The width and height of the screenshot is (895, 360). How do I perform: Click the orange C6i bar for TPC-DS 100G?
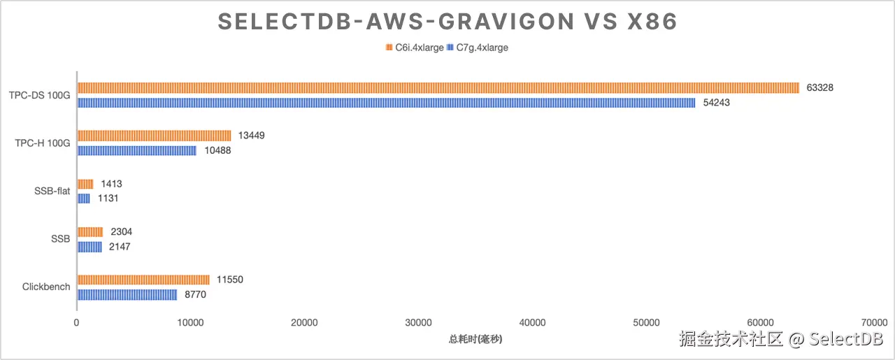coord(438,88)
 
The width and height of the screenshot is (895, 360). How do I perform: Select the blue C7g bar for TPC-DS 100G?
coord(386,103)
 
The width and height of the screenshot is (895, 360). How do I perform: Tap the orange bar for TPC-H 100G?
coord(154,136)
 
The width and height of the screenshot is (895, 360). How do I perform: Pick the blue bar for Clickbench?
coord(127,295)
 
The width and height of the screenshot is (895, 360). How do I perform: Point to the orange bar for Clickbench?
coord(143,280)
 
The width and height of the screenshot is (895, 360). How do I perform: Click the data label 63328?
coord(819,88)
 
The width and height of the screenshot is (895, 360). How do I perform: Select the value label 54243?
coord(716,103)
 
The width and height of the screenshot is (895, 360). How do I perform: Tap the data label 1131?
coord(108,199)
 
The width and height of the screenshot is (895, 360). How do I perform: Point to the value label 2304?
coord(122,232)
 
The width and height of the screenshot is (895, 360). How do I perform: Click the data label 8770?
coord(195,295)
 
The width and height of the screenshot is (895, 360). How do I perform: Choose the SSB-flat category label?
coord(52,191)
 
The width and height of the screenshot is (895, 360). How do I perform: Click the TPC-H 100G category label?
coord(43,143)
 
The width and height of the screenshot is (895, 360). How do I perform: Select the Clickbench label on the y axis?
coord(46,287)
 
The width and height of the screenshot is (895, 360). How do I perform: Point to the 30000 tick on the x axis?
coord(418,322)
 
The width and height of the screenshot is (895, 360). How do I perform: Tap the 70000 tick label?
coord(874,322)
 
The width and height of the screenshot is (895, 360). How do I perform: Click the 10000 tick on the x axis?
coord(190,322)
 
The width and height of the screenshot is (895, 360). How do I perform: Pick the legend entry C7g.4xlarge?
coord(481,48)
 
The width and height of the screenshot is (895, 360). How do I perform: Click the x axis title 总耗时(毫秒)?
coord(475,339)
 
